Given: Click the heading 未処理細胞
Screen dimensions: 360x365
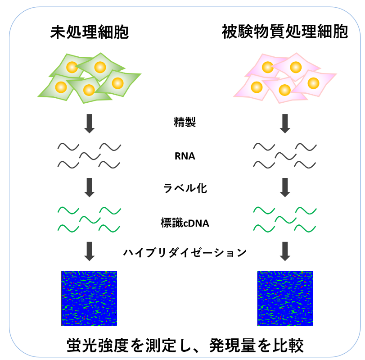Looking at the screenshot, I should click(90, 32).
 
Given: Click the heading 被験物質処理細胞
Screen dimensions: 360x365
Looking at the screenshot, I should click(285, 32).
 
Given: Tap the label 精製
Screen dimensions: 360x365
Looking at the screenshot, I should click(185, 122).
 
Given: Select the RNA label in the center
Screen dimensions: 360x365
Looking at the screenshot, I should click(185, 157).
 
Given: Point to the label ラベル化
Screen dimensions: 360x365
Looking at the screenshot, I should click(185, 188).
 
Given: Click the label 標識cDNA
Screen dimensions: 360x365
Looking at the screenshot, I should click(185, 222).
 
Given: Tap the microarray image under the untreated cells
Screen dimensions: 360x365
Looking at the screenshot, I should click(89, 298).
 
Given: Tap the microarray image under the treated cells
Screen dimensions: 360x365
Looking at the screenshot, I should click(285, 298).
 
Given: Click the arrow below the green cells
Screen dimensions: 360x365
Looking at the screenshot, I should click(90, 123).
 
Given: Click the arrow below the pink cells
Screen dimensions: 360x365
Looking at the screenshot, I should click(285, 123).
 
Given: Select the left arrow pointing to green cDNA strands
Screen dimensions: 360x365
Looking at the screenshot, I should click(90, 187).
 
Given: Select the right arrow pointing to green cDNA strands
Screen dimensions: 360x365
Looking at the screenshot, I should click(285, 187).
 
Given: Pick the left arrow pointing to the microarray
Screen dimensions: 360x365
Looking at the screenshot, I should click(90, 251).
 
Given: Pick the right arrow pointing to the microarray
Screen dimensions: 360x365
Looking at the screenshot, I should click(285, 251).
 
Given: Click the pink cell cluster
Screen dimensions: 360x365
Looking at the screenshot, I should click(285, 77).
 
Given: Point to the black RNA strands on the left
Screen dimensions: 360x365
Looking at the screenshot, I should click(90, 155).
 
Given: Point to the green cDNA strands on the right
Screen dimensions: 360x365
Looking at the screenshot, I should click(285, 219).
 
